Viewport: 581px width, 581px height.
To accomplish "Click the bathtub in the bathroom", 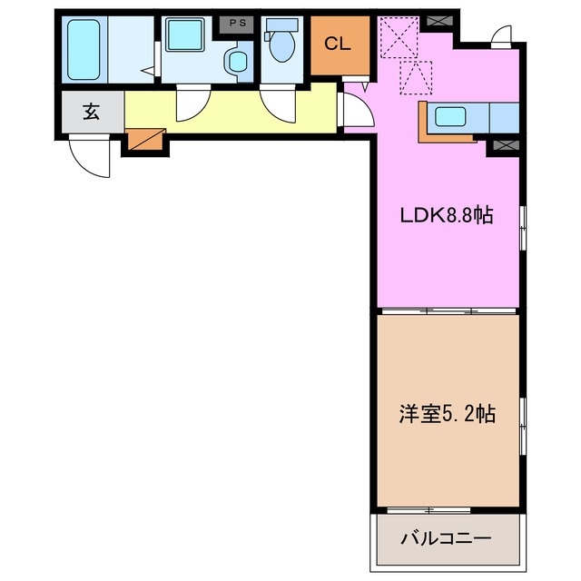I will [86, 49].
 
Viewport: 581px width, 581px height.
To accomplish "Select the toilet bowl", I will [281, 45].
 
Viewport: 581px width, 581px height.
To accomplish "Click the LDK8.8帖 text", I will [448, 216].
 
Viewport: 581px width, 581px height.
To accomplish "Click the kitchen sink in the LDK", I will [451, 116].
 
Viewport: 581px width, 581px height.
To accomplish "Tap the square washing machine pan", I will [186, 38].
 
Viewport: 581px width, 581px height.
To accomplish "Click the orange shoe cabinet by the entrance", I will [145, 139].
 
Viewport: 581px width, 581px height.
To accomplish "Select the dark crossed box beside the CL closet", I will [438, 19].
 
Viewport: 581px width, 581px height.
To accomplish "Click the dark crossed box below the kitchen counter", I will [502, 143].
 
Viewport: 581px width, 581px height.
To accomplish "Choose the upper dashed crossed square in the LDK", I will [397, 37].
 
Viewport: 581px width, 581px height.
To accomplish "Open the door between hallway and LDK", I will [357, 109].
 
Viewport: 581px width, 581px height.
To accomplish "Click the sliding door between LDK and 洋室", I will [448, 311].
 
